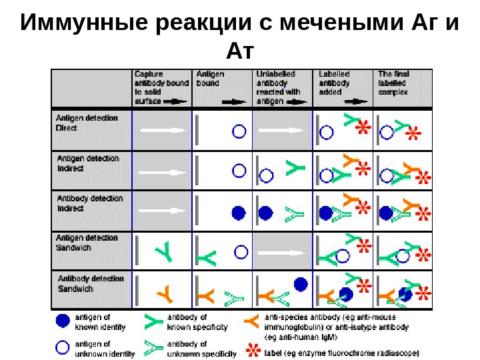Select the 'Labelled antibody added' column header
pos(335,83)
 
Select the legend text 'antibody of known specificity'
pos(197,322)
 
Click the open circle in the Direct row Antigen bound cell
pos(238,131)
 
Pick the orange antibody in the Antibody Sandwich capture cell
pos(164,291)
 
